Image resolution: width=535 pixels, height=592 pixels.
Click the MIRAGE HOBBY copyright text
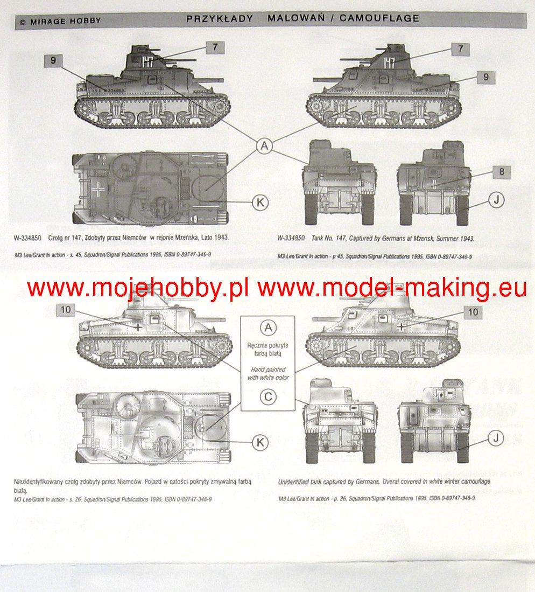pyautogui.click(x=60, y=22)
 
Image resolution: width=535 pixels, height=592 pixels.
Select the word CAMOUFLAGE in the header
pyautogui.click(x=379, y=18)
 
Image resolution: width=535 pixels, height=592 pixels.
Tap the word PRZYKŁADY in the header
pyautogui.click(x=220, y=18)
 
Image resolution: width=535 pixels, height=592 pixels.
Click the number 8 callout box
pyautogui.click(x=501, y=172)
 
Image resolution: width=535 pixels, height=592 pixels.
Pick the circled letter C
pyautogui.click(x=267, y=398)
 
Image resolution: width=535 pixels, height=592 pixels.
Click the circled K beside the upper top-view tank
pyautogui.click(x=260, y=202)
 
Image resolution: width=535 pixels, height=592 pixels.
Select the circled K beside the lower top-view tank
pyautogui.click(x=260, y=442)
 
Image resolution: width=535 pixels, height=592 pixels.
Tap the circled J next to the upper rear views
pyautogui.click(x=497, y=200)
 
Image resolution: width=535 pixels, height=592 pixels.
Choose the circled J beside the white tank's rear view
pyautogui.click(x=497, y=438)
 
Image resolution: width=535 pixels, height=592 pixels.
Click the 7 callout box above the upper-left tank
pyautogui.click(x=215, y=47)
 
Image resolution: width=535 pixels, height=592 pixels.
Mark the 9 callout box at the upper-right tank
pyautogui.click(x=485, y=78)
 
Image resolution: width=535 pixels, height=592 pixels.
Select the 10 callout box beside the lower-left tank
pyautogui.click(x=65, y=310)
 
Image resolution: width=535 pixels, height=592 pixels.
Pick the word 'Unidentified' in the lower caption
pyautogui.click(x=294, y=481)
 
